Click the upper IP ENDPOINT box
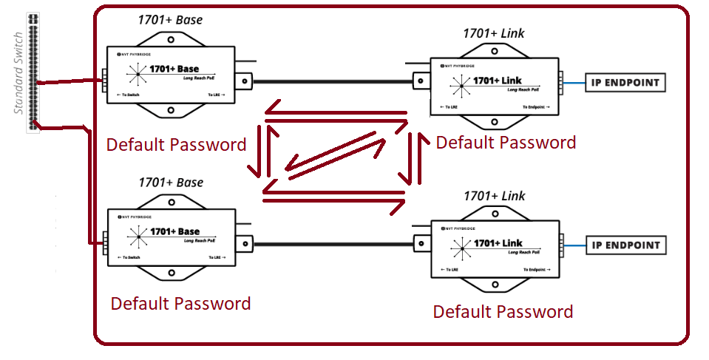(x=625, y=82)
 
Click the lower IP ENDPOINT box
(x=625, y=245)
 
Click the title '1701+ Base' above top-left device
(x=169, y=21)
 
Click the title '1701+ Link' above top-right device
(x=494, y=33)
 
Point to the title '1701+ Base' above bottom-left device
(x=170, y=183)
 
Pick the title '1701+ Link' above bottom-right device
(x=494, y=196)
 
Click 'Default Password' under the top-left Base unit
(x=176, y=145)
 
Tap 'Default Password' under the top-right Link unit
(x=506, y=143)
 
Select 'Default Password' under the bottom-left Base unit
(x=180, y=304)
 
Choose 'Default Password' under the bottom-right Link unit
(x=503, y=312)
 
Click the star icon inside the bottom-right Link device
(x=462, y=250)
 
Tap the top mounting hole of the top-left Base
(x=170, y=39)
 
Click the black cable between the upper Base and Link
(x=333, y=81)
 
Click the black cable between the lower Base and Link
(x=333, y=243)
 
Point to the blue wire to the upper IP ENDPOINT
(x=574, y=83)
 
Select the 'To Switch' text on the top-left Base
(x=129, y=95)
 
